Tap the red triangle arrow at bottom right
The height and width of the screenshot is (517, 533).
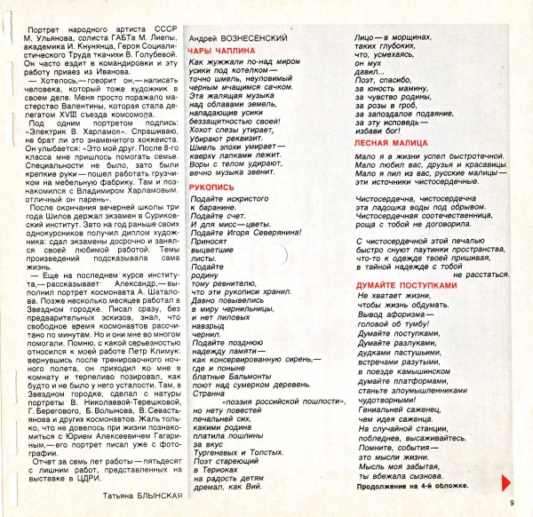[508, 481]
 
